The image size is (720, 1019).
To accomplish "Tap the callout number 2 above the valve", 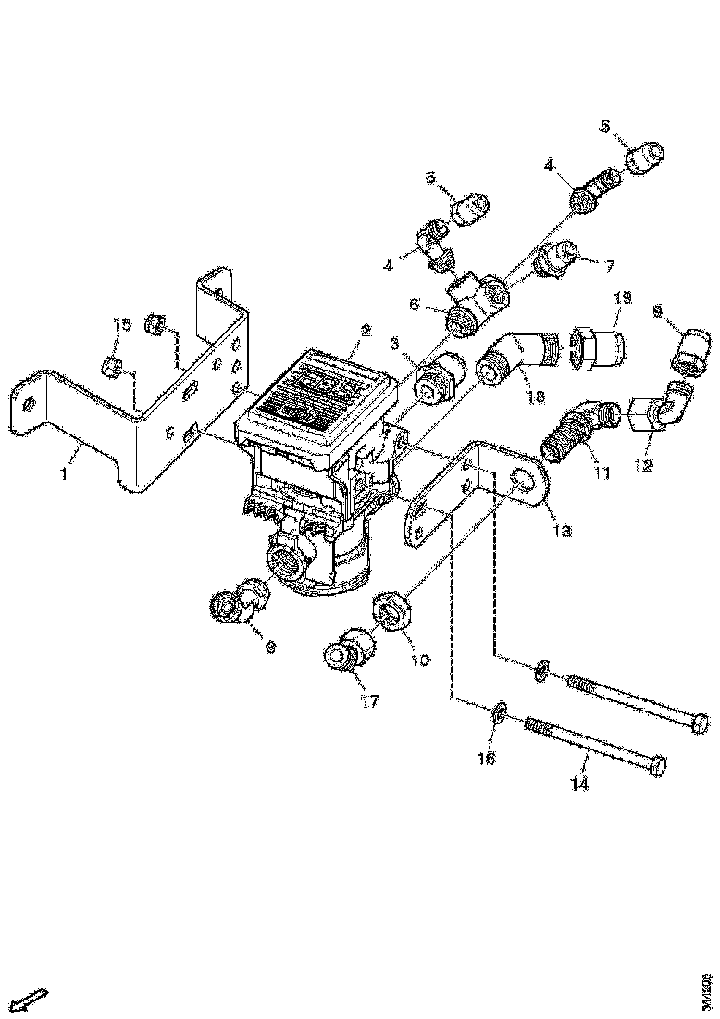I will tap(366, 330).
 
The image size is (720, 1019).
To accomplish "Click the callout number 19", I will tap(622, 297).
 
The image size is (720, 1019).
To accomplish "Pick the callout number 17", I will tap(369, 701).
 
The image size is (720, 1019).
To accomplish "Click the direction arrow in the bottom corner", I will tap(32, 1000).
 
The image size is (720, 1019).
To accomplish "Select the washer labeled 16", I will tap(498, 711).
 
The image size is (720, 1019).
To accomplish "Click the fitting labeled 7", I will tap(559, 257).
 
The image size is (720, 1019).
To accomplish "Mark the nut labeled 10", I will tap(391, 613).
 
